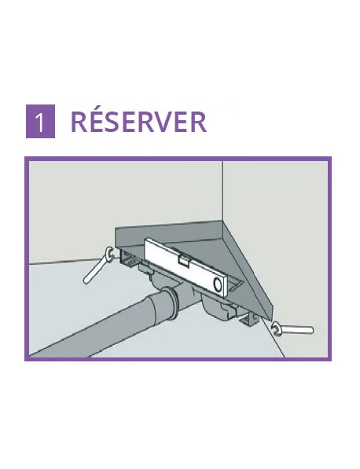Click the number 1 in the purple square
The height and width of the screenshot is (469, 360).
40,123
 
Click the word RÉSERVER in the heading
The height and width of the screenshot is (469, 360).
138,123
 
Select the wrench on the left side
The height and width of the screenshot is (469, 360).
97,267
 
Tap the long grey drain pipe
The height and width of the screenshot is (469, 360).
102,330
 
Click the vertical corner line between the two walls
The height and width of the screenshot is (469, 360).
222,196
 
